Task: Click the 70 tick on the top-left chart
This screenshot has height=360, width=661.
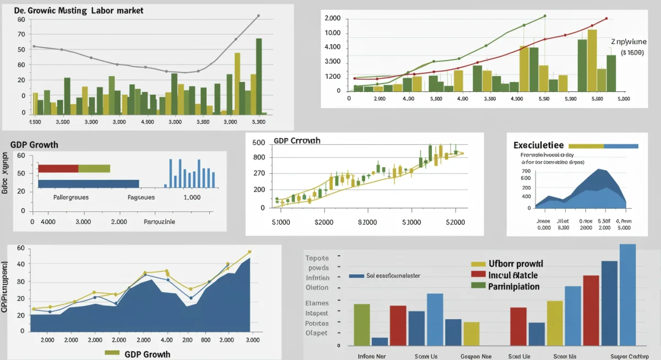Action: point(21,34)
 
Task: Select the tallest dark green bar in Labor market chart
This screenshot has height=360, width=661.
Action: point(259,75)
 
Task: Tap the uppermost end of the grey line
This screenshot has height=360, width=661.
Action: point(258,15)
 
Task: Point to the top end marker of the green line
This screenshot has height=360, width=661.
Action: point(545,16)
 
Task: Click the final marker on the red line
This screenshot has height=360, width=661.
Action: point(606,19)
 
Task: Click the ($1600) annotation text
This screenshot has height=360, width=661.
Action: point(632,53)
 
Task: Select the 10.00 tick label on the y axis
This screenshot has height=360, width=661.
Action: point(333,33)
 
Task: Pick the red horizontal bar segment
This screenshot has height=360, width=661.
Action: point(58,168)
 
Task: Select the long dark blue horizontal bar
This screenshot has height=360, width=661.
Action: point(88,183)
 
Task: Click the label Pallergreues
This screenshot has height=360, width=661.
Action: point(71,197)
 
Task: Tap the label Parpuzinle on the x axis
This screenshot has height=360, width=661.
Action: point(159,222)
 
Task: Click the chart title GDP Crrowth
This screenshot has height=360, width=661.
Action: point(297,141)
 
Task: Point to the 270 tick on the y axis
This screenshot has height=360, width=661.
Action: point(258,173)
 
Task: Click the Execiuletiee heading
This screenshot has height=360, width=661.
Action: point(538,145)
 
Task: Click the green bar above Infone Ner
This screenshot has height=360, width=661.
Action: point(361,324)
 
